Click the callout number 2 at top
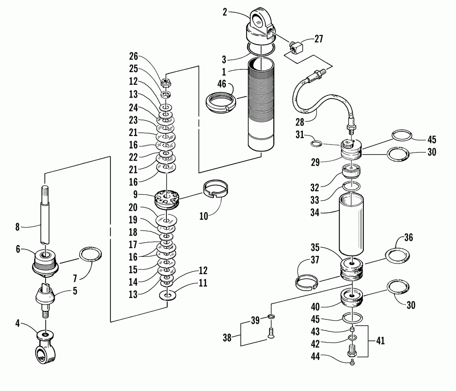tap(224, 12)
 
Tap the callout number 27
tap(319, 39)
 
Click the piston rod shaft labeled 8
tap(45, 214)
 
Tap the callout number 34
tap(315, 213)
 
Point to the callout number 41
tap(380, 340)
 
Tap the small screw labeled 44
tap(352, 362)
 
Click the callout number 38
tap(227, 338)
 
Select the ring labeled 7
tap(90, 254)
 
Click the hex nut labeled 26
tap(166, 83)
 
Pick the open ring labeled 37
tap(306, 282)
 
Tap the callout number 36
tap(409, 238)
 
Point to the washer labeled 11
tap(167, 296)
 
